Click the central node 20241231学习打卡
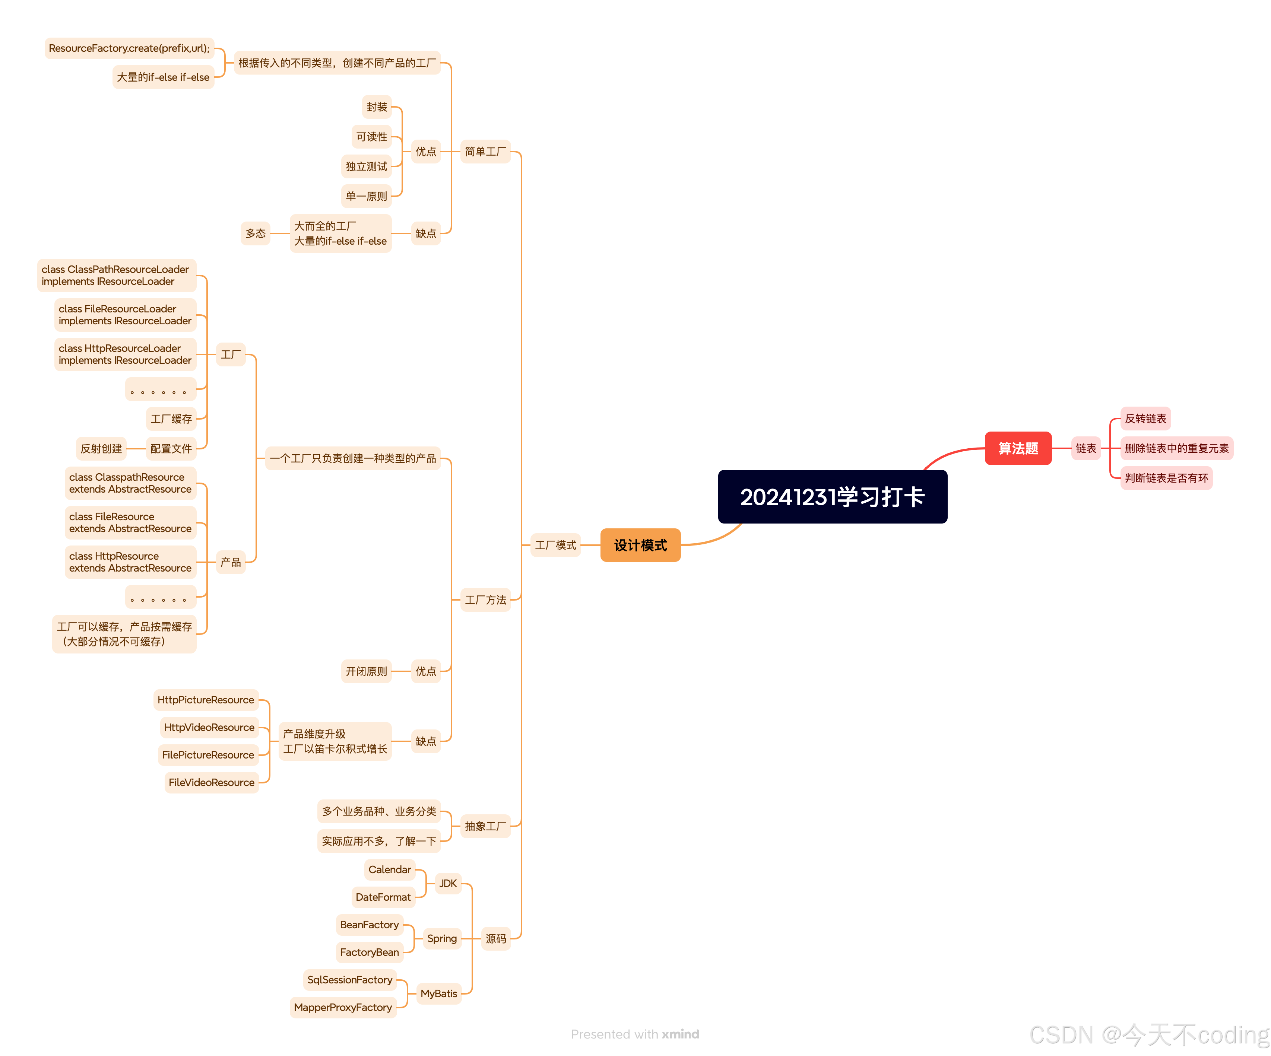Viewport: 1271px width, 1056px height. point(832,497)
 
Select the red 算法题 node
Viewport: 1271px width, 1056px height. point(1018,448)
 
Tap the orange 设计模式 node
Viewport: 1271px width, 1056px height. point(640,545)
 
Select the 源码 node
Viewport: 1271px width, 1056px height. point(496,939)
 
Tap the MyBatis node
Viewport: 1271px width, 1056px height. point(439,994)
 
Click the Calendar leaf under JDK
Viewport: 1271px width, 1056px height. point(390,869)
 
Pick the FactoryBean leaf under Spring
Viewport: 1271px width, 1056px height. point(369,952)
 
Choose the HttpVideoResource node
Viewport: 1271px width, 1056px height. point(209,728)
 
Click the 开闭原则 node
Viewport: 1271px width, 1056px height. point(366,671)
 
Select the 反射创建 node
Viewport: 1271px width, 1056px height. point(101,448)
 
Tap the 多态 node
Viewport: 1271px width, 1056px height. point(256,233)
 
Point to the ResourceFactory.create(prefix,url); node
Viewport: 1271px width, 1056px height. point(129,48)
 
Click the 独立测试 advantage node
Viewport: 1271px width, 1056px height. point(366,166)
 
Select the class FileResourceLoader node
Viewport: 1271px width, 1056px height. point(125,315)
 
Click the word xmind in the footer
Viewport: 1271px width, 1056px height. point(680,1034)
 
